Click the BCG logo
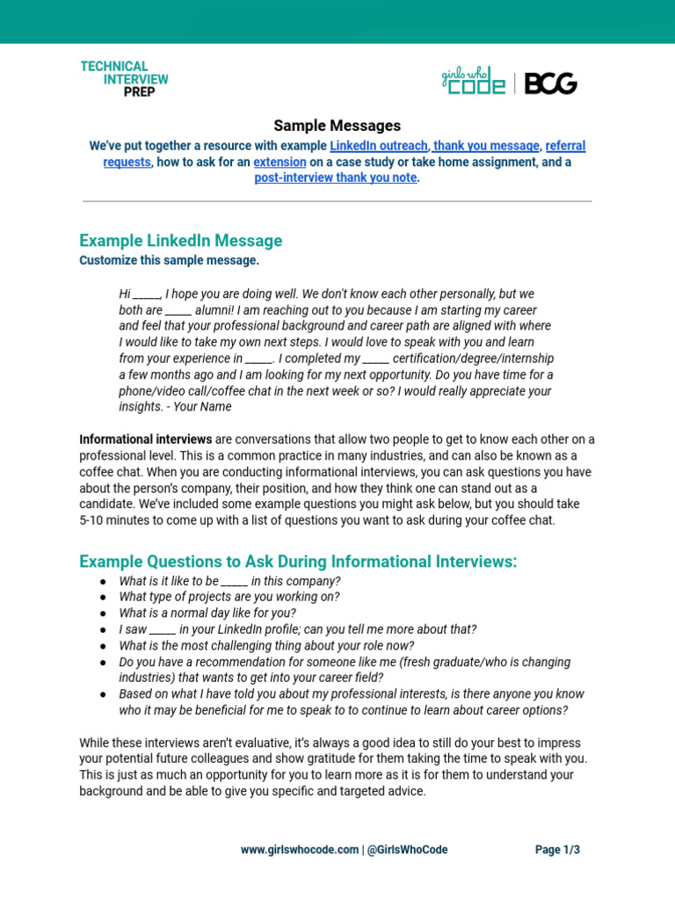point(550,83)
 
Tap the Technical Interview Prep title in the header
point(125,79)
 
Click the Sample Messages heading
point(337,126)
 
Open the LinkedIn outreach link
point(379,146)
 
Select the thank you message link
point(485,146)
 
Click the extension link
point(279,163)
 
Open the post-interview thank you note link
point(337,178)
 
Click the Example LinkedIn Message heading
point(180,241)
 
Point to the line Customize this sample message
point(169,261)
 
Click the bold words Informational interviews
point(145,439)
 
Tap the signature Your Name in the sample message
point(203,407)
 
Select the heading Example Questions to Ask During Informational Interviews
point(298,562)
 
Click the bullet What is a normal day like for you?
point(207,613)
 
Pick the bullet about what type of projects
point(229,597)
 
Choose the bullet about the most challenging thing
point(266,645)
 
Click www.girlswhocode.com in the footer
point(300,850)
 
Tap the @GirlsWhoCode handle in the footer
point(407,850)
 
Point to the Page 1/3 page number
point(558,850)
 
